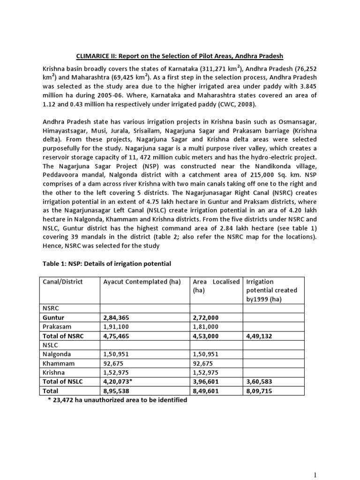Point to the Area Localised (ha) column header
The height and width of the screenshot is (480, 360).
tap(216, 285)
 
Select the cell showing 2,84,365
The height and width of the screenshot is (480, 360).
tap(117, 318)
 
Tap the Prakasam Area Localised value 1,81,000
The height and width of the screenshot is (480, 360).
tap(207, 327)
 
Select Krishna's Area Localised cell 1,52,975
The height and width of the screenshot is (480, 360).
tap(207, 372)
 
